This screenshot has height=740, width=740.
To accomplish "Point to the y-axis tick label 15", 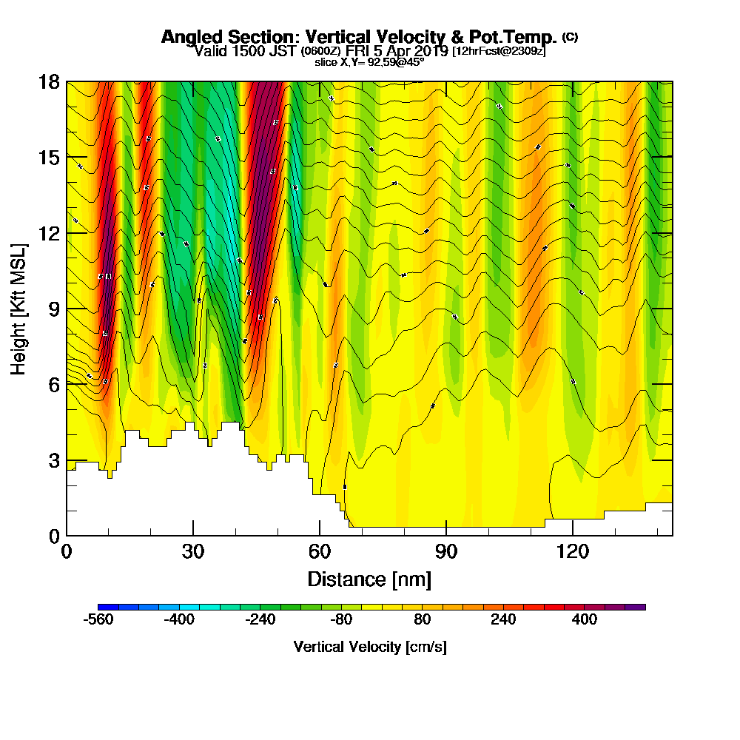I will click(x=50, y=158).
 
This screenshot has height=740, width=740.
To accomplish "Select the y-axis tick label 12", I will click(x=50, y=233).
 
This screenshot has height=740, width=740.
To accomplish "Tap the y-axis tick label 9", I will click(x=54, y=309).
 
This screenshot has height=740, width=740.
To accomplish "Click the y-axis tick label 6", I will click(x=54, y=385).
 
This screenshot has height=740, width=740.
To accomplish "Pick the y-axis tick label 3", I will click(x=54, y=460).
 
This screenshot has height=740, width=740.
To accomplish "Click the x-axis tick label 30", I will click(x=193, y=551).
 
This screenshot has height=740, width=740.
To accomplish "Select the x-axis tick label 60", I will click(x=320, y=551).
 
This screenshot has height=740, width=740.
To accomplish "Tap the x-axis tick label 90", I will click(x=446, y=551).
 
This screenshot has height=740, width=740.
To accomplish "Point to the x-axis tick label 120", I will click(x=573, y=551).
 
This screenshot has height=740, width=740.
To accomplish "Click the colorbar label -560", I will click(x=98, y=620).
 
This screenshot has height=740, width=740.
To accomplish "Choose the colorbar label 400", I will click(x=585, y=620).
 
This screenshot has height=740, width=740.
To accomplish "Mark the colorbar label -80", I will click(x=341, y=620).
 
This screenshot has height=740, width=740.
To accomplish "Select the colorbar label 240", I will click(x=503, y=620).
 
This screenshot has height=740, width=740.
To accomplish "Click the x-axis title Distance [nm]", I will click(x=369, y=578).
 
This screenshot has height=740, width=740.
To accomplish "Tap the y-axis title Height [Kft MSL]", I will click(x=18, y=308).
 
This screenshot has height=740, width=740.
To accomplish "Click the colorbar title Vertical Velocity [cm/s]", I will click(x=370, y=647).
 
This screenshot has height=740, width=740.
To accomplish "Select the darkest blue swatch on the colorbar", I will click(x=103, y=607).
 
